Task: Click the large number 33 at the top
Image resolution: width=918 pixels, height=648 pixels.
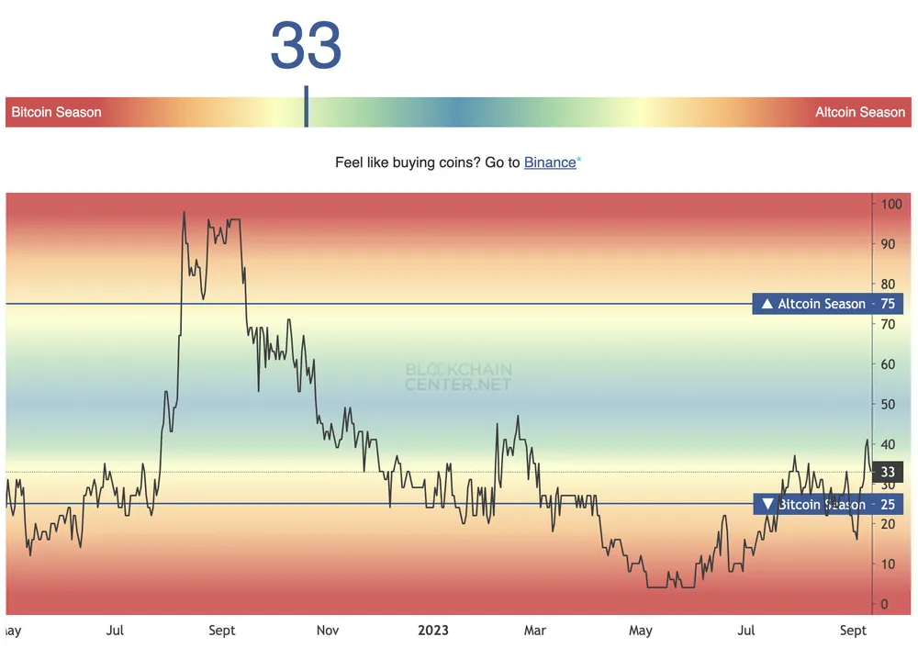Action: pyautogui.click(x=306, y=46)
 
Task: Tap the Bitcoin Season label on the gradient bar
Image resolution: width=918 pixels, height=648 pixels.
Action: pyautogui.click(x=57, y=112)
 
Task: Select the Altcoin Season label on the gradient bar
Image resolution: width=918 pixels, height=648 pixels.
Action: pyautogui.click(x=860, y=112)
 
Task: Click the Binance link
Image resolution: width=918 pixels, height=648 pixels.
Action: pyautogui.click(x=550, y=162)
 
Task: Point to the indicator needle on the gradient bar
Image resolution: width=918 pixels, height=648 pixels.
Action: pyautogui.click(x=307, y=107)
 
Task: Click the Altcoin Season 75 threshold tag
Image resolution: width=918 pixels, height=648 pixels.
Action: pyautogui.click(x=827, y=304)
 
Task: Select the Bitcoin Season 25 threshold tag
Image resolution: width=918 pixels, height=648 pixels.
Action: pyautogui.click(x=827, y=504)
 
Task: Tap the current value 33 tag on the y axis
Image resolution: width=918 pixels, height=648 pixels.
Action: pyautogui.click(x=887, y=473)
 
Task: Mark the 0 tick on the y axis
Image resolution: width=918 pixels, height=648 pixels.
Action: pyautogui.click(x=885, y=604)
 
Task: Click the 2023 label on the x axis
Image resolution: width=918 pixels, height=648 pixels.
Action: pyautogui.click(x=433, y=631)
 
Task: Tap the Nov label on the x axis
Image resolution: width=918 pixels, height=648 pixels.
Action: pyautogui.click(x=328, y=631)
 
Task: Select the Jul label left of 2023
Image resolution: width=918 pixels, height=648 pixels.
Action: pyautogui.click(x=115, y=631)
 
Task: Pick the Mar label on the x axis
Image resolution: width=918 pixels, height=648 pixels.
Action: pyautogui.click(x=534, y=631)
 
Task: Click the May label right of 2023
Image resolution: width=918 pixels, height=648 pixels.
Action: pyautogui.click(x=640, y=631)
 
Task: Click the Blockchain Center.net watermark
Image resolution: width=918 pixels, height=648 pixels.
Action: pyautogui.click(x=459, y=376)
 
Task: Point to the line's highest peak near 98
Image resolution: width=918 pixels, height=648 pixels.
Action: pyautogui.click(x=184, y=212)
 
